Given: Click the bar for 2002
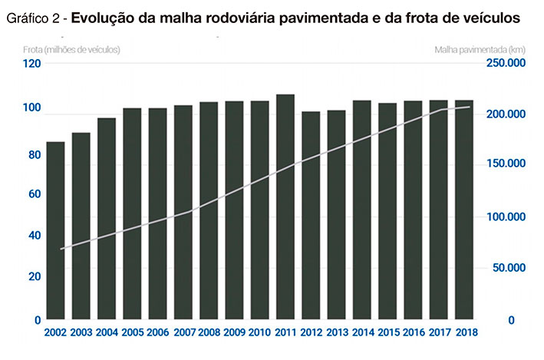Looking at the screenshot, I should pyautogui.click(x=55, y=230).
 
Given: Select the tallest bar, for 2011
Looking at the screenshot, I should pyautogui.click(x=285, y=206).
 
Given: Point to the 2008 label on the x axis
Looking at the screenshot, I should pyautogui.click(x=209, y=334).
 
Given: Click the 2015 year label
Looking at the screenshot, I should pyautogui.click(x=387, y=334).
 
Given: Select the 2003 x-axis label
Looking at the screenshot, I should pyautogui.click(x=81, y=334).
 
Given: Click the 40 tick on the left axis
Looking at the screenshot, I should pyautogui.click(x=33, y=235).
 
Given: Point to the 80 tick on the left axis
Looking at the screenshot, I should pyautogui.click(x=33, y=154).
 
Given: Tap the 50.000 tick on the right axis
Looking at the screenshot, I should pyautogui.click(x=506, y=268).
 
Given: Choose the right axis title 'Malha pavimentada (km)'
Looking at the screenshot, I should pyautogui.click(x=479, y=49).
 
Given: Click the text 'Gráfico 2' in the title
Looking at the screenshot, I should pyautogui.click(x=33, y=16).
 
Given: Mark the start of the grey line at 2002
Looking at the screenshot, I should pyautogui.click(x=61, y=249).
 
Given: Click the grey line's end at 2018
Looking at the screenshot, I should pyautogui.click(x=470, y=107).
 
